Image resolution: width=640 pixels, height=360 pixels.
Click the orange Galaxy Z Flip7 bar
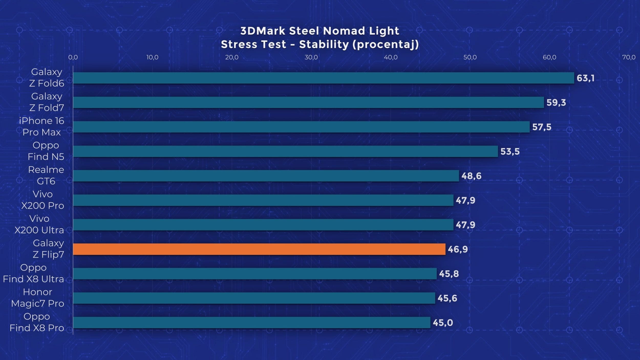tap(259, 249)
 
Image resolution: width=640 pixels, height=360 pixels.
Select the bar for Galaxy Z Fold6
tap(323, 78)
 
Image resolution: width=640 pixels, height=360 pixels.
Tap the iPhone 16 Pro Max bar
tap(301, 127)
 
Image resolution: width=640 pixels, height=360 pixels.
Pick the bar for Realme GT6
tap(266, 176)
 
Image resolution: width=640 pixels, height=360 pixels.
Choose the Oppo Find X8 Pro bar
tap(251, 322)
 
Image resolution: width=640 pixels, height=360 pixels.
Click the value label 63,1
tap(585, 78)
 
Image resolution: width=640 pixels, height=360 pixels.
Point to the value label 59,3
tap(556, 102)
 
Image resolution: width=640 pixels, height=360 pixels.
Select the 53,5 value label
tap(510, 152)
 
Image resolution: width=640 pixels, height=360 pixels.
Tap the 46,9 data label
tap(457, 249)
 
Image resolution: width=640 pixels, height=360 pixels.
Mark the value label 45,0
tap(443, 323)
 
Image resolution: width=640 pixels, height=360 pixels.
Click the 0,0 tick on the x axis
tap(73, 57)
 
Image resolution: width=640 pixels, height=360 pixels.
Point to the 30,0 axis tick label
tap(311, 57)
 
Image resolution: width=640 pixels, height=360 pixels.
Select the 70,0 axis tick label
tap(629, 57)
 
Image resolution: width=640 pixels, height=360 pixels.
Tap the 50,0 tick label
tap(470, 57)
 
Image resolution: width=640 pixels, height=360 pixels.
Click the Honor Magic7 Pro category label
tap(38, 298)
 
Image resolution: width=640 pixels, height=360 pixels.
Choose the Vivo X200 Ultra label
tap(39, 224)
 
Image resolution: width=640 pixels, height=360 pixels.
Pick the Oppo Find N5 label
tap(46, 151)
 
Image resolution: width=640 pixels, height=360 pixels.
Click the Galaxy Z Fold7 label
tap(47, 102)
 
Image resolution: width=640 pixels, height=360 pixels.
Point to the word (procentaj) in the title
tap(386, 45)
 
